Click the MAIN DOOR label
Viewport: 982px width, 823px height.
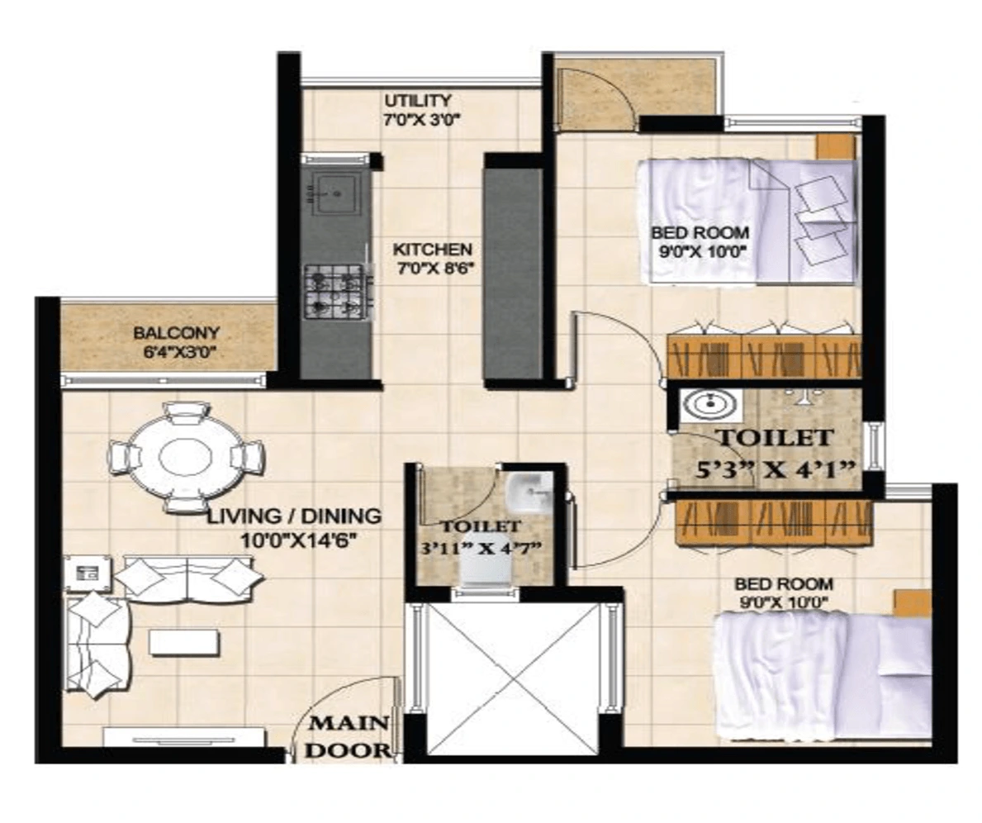[x=349, y=736]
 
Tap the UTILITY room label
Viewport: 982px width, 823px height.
[x=418, y=100]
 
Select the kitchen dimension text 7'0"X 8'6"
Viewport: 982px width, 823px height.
[x=433, y=269]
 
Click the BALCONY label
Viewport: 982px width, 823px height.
[x=176, y=333]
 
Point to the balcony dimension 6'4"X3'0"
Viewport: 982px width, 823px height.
[x=179, y=352]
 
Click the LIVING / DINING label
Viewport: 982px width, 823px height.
[x=294, y=516]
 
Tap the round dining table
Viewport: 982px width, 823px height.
[x=187, y=455]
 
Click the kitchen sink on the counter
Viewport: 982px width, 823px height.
[x=335, y=193]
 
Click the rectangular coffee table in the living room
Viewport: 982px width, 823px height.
[x=184, y=643]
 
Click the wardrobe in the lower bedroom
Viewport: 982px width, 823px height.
[x=773, y=521]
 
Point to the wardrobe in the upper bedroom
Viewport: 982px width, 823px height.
[x=764, y=355]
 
